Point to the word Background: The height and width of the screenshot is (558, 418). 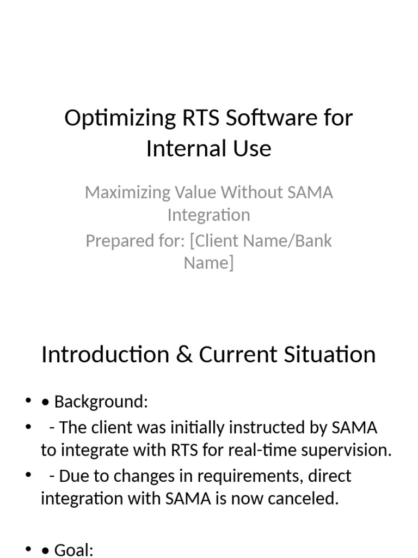coord(101,402)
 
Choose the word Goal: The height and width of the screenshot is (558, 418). coord(75,550)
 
